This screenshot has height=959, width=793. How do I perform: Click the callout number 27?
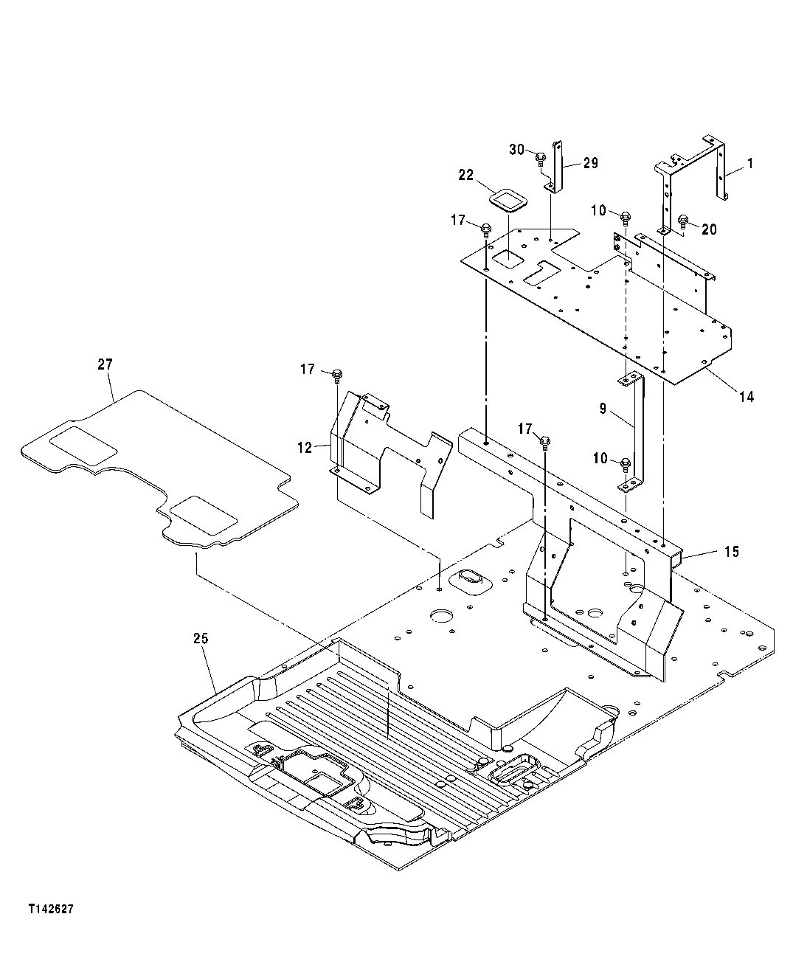click(105, 364)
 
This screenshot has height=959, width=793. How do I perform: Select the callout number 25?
click(201, 638)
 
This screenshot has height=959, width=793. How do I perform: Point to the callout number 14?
click(747, 397)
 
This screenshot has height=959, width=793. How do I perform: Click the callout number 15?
click(731, 552)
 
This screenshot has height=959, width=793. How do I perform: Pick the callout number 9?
click(603, 408)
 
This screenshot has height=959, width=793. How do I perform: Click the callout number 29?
click(590, 163)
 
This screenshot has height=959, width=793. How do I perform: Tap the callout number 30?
click(516, 150)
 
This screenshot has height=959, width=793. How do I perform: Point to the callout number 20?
click(708, 229)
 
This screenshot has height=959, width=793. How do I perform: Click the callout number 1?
click(749, 164)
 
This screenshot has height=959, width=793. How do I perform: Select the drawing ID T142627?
click(51, 910)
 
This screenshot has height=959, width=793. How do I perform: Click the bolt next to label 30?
click(540, 156)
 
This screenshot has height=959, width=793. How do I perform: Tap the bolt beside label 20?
click(683, 220)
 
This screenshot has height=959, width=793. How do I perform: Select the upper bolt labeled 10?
click(626, 217)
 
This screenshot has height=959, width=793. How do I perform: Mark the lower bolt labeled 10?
click(625, 463)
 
